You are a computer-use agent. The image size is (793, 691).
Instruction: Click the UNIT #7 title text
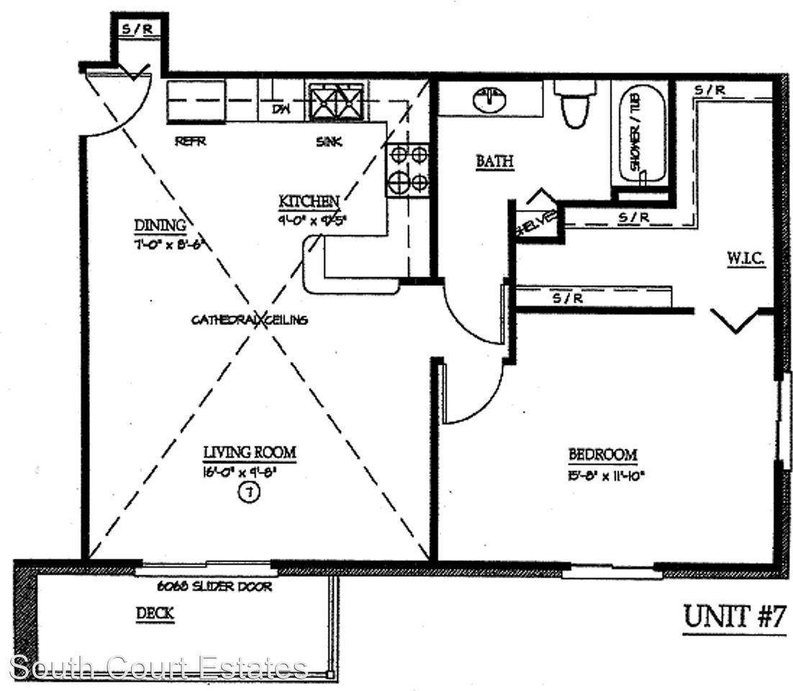coord(733,618)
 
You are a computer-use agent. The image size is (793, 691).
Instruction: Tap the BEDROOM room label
coord(602,455)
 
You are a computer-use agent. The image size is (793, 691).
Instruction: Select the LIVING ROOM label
coord(249,453)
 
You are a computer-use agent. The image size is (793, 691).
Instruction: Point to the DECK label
coord(155,614)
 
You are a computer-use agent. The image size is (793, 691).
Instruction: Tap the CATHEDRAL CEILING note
coord(249,320)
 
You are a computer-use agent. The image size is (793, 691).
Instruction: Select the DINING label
coord(160,225)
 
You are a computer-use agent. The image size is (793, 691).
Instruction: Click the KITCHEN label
coord(309,201)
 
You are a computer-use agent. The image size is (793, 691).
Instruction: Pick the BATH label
coord(495,161)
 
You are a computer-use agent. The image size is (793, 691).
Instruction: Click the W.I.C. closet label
coord(745,257)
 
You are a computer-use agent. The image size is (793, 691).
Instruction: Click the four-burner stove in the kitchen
coord(408,169)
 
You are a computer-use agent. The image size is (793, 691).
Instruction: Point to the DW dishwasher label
coord(281,109)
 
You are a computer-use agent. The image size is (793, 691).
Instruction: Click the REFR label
coord(191,142)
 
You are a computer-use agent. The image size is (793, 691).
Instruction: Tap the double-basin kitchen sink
coord(335,101)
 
